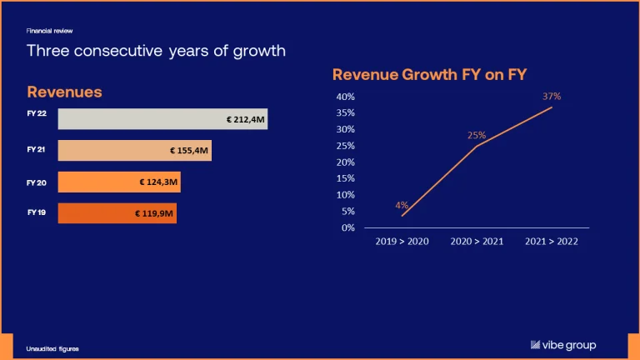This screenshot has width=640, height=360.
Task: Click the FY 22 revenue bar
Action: click(x=162, y=119)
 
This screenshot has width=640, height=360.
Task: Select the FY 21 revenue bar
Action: click(x=135, y=150)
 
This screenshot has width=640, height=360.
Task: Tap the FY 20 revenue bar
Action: click(x=119, y=182)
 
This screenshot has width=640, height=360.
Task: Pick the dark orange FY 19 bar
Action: click(x=117, y=213)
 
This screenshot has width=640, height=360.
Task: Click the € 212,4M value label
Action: click(x=245, y=120)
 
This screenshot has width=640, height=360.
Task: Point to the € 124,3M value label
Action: click(x=158, y=182)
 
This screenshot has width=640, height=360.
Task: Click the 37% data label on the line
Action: click(x=552, y=97)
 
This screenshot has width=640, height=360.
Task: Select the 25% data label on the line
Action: click(x=477, y=135)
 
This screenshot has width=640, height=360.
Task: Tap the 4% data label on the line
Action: click(x=402, y=205)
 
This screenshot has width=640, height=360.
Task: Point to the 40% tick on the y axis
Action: click(x=345, y=97)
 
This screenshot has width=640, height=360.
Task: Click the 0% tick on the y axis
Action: click(x=348, y=227)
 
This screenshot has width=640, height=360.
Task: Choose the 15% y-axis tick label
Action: click(x=345, y=178)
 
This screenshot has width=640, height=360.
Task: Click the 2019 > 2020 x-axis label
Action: click(x=402, y=241)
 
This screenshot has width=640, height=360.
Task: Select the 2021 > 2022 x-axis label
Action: click(x=552, y=241)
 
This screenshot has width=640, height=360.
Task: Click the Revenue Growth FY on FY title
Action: click(x=429, y=75)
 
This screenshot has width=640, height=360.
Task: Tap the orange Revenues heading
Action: click(x=64, y=92)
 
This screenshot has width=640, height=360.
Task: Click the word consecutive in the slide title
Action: click(x=118, y=51)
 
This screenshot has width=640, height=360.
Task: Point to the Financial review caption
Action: click(x=49, y=31)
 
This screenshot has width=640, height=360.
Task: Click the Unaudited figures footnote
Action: click(x=52, y=349)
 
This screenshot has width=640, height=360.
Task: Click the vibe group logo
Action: click(x=563, y=345)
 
